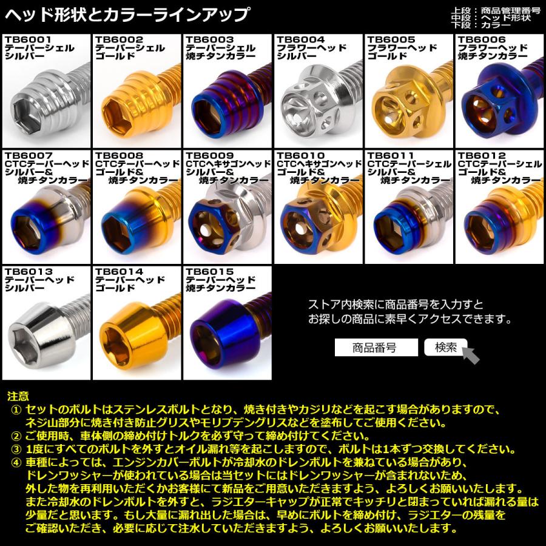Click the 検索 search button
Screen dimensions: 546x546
[x=445, y=347]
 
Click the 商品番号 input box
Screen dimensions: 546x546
[x=376, y=348]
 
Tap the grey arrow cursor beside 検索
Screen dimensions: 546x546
[x=470, y=354]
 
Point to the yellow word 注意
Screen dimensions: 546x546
[x=18, y=396]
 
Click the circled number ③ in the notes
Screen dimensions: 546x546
[x=16, y=450]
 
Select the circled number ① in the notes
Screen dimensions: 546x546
[x=16, y=409]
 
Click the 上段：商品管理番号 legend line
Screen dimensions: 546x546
[x=500, y=10]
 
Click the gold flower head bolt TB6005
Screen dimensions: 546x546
[x=403, y=103]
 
